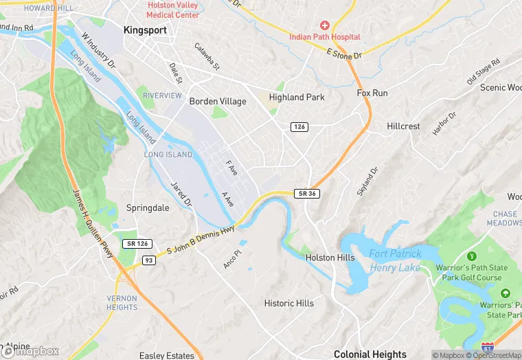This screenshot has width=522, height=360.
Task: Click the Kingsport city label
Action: coord(146,30)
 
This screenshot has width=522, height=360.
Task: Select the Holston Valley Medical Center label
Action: coord(173,10)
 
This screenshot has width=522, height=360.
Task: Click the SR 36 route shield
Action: coord(307,194)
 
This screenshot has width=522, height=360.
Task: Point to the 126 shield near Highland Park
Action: coord(299,127)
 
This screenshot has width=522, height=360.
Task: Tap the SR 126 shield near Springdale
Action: coord(137,244)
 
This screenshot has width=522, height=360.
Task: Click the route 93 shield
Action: coord(148,260)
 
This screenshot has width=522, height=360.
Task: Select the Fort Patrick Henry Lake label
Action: coord(395,260)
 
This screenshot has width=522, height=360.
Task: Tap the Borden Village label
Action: coord(218,102)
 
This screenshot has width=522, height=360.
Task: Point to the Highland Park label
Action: coord(297,98)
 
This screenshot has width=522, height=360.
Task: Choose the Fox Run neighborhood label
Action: coord(372,93)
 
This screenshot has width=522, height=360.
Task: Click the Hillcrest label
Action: coord(403,127)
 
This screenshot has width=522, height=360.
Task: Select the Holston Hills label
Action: coord(330,258)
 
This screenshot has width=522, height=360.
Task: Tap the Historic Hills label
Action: coord(289,303)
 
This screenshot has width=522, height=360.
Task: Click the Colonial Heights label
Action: coord(370,354)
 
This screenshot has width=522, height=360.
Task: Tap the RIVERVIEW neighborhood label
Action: coord(162,95)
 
